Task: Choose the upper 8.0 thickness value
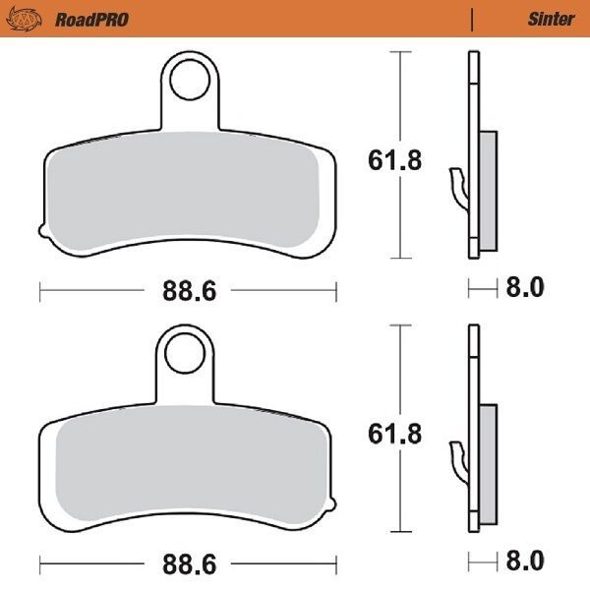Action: pyautogui.click(x=523, y=288)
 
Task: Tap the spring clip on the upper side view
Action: pyautogui.click(x=457, y=186)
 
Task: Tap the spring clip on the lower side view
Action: pyautogui.click(x=457, y=458)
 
